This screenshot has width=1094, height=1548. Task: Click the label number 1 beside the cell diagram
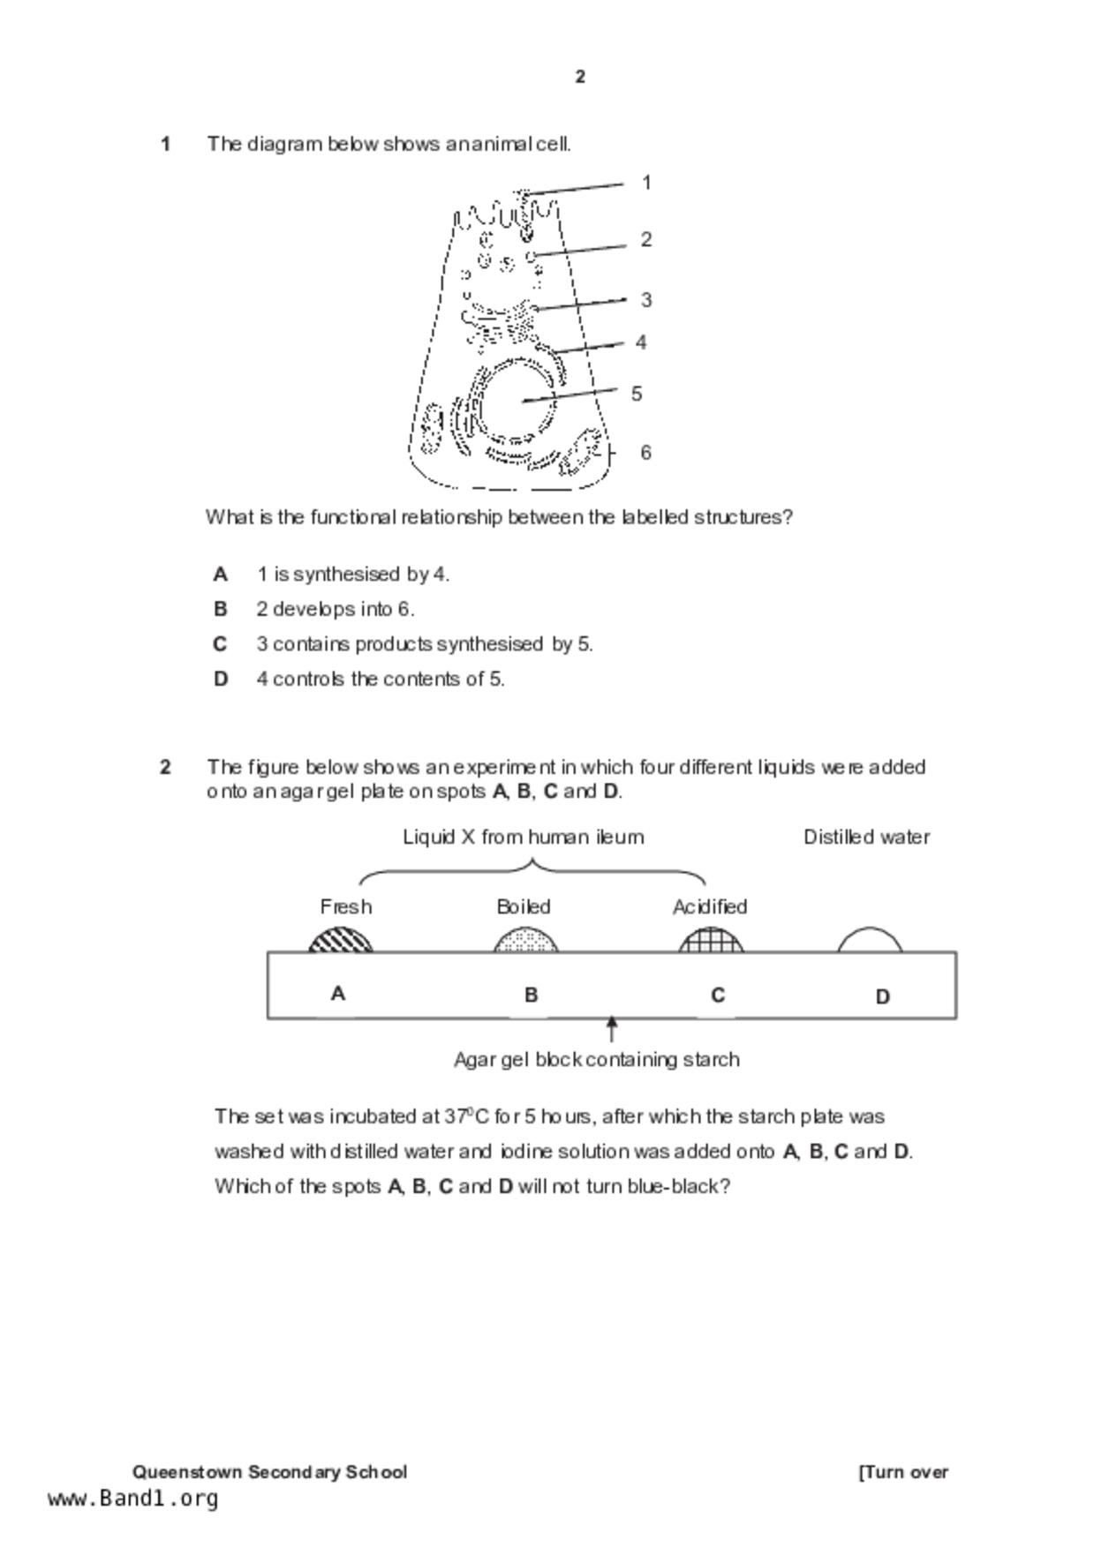click(646, 183)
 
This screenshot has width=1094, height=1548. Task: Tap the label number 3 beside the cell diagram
click(646, 300)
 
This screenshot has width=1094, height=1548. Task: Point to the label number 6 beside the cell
click(646, 453)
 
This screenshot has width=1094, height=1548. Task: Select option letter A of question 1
click(221, 575)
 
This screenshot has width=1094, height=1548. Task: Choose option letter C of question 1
click(221, 644)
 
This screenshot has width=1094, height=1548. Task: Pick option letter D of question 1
click(221, 679)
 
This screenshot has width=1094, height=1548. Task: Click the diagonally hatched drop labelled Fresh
click(341, 940)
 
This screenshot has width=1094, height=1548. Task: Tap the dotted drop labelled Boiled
click(526, 941)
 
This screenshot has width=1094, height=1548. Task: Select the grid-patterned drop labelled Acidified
click(711, 941)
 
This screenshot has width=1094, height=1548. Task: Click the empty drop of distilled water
click(870, 941)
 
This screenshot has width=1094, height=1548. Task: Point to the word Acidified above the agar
click(710, 906)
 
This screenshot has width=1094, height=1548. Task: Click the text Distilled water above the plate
click(866, 837)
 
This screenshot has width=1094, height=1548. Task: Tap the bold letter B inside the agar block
click(531, 995)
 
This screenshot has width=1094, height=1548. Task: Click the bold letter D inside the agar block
click(882, 996)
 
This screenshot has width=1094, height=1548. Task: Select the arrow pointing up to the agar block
click(611, 1028)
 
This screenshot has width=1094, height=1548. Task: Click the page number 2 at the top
click(580, 77)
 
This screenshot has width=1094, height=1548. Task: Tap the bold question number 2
click(165, 767)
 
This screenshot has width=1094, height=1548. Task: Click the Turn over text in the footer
click(903, 1471)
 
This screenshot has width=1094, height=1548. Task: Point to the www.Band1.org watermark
click(133, 1498)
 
